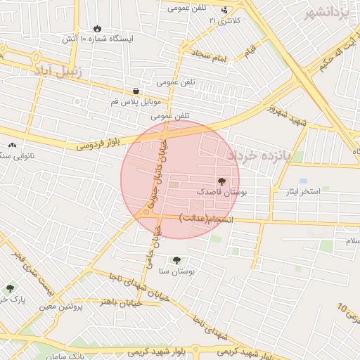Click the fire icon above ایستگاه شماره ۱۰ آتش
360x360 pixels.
[96, 28]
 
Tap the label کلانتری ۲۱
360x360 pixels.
[224, 20]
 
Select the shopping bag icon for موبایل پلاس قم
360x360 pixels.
[136, 91]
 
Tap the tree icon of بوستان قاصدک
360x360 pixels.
[224, 181]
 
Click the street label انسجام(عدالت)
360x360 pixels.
[206, 218]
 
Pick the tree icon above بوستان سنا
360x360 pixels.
[176, 260]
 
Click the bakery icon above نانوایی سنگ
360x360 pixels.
[11, 145]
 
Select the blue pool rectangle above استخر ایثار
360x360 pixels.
[303, 181]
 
